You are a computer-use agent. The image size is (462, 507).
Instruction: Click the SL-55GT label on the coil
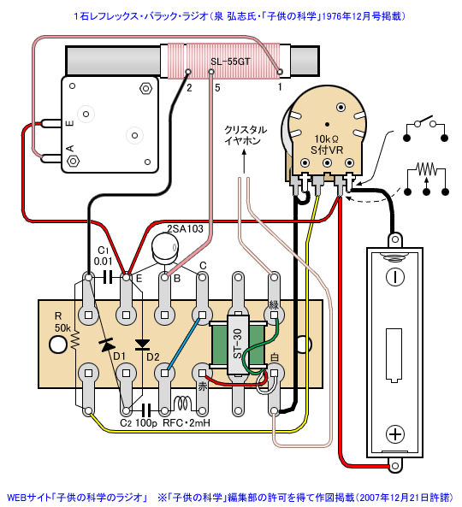230,62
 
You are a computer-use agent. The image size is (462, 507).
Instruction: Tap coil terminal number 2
188,72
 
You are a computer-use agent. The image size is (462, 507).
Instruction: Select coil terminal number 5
211,72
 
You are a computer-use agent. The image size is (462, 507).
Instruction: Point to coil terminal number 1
280,72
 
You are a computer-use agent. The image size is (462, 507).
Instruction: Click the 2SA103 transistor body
165,248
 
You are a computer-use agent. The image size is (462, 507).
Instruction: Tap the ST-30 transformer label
238,344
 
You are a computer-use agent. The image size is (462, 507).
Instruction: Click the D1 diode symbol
107,345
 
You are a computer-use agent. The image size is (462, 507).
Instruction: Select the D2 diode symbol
142,345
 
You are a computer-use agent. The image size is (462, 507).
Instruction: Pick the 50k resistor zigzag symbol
75,340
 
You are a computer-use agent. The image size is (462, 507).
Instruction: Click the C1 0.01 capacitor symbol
108,277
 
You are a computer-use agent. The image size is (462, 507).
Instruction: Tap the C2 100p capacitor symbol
146,411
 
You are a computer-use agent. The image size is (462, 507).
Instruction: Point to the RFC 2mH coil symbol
183,404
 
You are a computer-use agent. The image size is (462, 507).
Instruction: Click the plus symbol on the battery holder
395,434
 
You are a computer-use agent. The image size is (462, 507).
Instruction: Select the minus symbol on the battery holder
395,277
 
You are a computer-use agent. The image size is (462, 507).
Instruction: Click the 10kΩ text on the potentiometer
327,139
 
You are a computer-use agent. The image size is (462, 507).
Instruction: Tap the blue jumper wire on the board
183,344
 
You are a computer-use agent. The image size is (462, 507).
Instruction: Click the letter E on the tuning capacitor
69,123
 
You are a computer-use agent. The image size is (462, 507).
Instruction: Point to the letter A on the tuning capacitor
70,149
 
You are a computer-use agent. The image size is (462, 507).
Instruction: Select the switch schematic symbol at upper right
426,129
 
